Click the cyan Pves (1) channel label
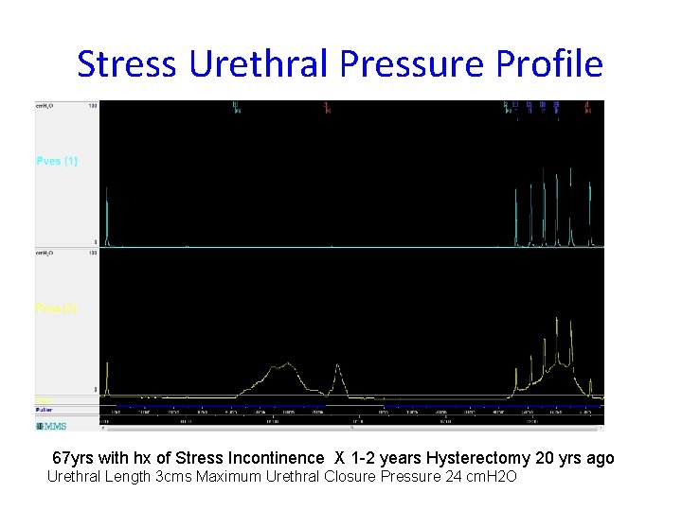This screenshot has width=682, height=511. (x=57, y=161)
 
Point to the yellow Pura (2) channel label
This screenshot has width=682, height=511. (x=57, y=308)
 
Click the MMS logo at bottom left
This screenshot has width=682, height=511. (x=52, y=426)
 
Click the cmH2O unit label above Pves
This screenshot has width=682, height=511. (x=45, y=106)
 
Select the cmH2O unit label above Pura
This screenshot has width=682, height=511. (x=45, y=253)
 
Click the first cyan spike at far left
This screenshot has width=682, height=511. (x=107, y=218)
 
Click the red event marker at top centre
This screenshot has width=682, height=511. (x=327, y=107)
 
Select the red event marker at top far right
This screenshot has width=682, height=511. (x=588, y=107)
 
